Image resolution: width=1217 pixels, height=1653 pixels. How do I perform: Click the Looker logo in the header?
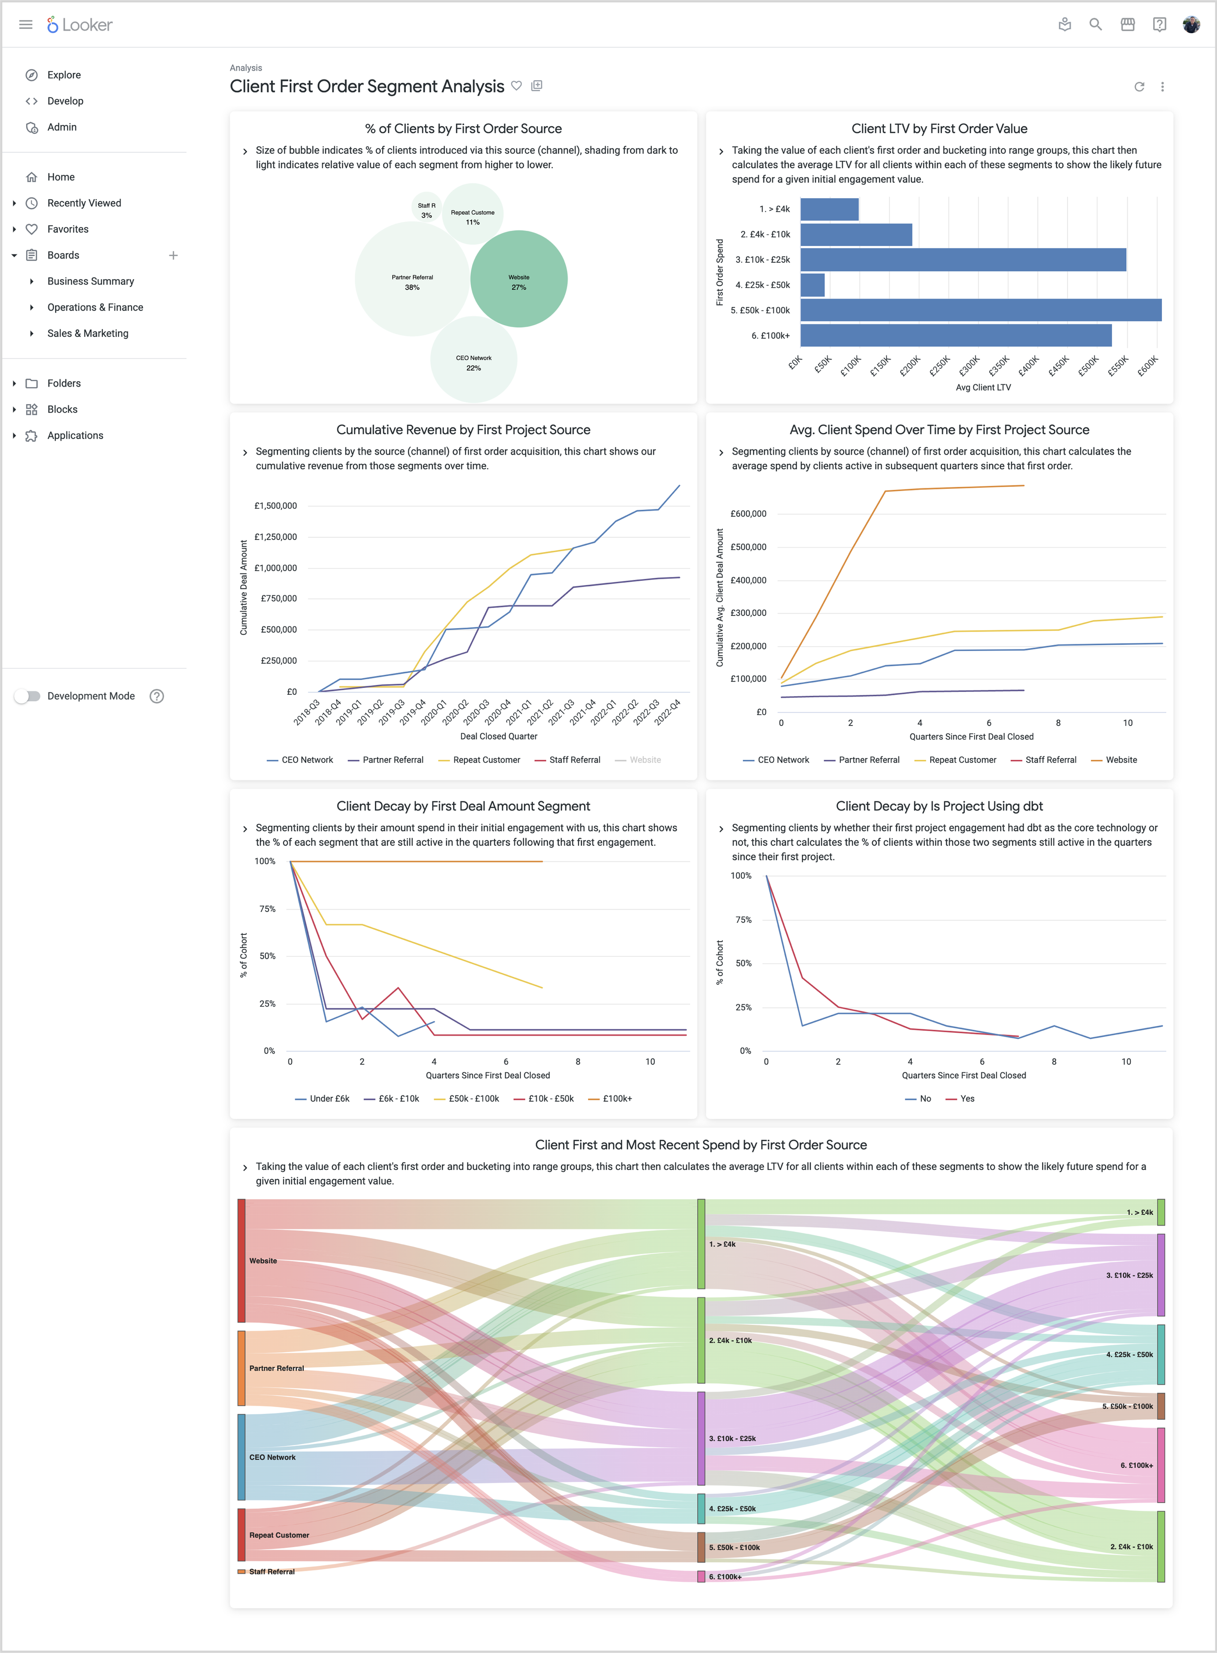coord(79,25)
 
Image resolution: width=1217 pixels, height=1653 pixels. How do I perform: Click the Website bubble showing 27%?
coord(518,279)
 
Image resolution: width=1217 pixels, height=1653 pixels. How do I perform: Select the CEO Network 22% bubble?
coord(473,361)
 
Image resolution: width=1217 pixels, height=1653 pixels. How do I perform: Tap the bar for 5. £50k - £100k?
coord(980,310)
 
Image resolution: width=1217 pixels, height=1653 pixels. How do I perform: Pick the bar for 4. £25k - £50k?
coord(812,285)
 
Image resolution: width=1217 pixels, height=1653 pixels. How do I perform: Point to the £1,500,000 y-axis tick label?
coord(276,506)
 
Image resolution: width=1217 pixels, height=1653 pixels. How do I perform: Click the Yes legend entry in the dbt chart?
coord(966,1099)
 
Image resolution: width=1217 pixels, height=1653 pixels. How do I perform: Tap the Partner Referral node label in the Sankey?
coord(276,1369)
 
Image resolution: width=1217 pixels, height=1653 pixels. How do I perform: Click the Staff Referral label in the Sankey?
coord(272,1572)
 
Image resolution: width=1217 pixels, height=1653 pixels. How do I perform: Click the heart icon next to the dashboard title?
coord(516,86)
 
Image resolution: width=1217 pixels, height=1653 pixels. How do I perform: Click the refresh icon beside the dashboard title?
coord(1139,87)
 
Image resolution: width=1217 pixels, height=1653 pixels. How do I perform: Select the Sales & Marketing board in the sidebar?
coord(88,334)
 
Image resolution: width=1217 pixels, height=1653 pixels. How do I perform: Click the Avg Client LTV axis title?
coord(983,388)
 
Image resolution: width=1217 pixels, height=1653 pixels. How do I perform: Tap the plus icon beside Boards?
coord(173,256)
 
